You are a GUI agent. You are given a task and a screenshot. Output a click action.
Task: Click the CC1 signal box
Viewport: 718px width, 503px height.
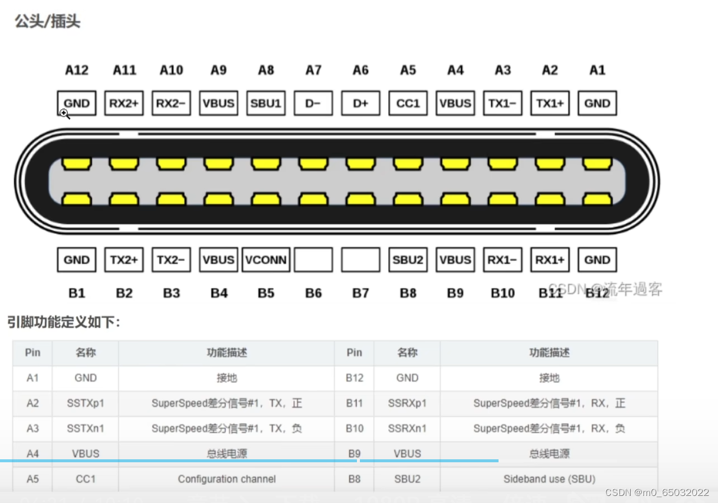[408, 103]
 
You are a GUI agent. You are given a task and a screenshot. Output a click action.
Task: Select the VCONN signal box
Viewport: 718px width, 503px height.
[265, 260]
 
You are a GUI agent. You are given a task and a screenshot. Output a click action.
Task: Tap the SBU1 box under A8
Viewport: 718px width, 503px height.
[265, 103]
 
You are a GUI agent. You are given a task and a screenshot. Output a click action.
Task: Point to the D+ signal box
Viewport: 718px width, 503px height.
[360, 103]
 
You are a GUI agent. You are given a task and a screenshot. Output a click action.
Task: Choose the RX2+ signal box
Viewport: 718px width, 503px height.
[124, 103]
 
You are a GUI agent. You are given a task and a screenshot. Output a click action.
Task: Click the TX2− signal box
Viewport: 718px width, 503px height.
[171, 260]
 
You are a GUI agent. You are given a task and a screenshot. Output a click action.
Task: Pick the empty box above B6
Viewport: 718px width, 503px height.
[313, 260]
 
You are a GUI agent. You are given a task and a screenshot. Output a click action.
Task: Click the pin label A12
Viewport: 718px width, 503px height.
[77, 70]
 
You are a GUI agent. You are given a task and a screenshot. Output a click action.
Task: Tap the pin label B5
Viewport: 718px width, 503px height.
[266, 293]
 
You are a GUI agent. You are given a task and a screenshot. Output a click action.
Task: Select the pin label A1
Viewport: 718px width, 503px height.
[597, 70]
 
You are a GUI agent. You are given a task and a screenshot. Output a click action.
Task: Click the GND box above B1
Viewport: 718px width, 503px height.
[77, 260]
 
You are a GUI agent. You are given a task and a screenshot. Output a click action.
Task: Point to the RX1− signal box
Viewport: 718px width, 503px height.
[503, 260]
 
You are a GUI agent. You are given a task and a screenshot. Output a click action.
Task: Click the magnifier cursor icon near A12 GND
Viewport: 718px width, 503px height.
[64, 113]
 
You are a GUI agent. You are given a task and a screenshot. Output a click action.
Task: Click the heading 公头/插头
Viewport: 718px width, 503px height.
[47, 22]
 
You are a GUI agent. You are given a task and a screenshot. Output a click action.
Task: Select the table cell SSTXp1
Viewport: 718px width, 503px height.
[86, 404]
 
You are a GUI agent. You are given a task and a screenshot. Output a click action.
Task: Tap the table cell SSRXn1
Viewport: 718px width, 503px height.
[407, 429]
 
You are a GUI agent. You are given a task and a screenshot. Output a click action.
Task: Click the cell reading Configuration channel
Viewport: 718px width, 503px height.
[227, 479]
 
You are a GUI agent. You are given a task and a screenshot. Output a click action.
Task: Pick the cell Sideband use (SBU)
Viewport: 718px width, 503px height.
[549, 479]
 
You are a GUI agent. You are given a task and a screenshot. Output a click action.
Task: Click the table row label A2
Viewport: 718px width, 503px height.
[32, 404]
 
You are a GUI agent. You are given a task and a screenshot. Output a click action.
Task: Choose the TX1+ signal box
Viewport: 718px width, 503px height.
[550, 103]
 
